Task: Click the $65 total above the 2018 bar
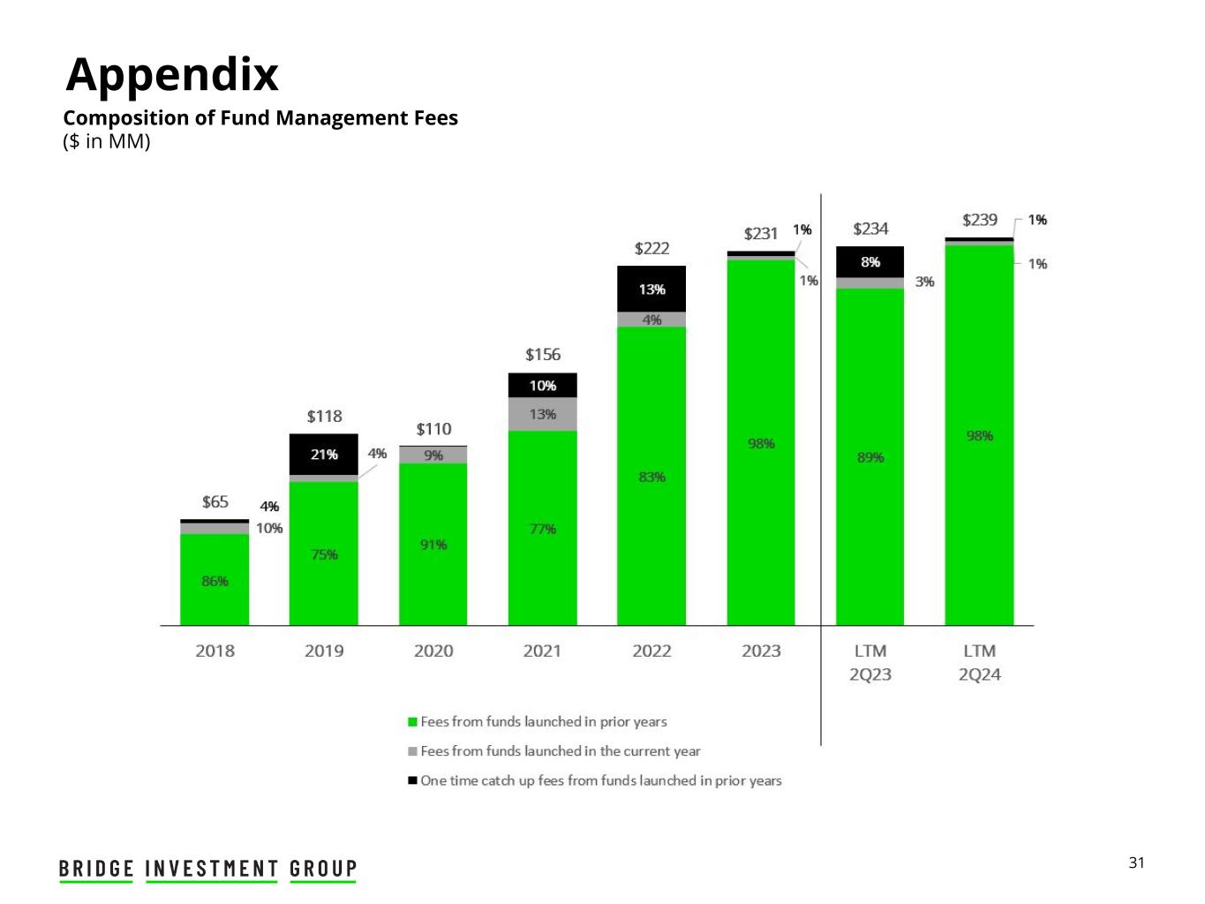pyautogui.click(x=215, y=502)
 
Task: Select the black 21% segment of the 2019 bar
pyautogui.click(x=324, y=455)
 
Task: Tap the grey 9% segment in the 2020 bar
pyautogui.click(x=433, y=456)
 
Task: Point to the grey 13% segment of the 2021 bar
pyautogui.click(x=543, y=414)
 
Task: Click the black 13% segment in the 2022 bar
pyautogui.click(x=652, y=290)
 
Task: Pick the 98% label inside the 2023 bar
pyautogui.click(x=761, y=443)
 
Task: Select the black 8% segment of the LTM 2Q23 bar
pyautogui.click(x=870, y=262)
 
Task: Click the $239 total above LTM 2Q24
pyautogui.click(x=980, y=220)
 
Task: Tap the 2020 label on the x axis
pyautogui.click(x=433, y=652)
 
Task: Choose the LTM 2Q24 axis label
pyautogui.click(x=980, y=663)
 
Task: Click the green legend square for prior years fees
pyautogui.click(x=412, y=722)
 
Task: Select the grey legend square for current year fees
pyautogui.click(x=412, y=751)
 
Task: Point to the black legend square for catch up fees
pyautogui.click(x=412, y=780)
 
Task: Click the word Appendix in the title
pyautogui.click(x=173, y=74)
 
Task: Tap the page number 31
pyautogui.click(x=1136, y=863)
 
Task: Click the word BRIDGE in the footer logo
pyautogui.click(x=97, y=869)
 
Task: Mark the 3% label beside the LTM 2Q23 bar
pyautogui.click(x=924, y=282)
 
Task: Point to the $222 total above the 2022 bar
pyautogui.click(x=652, y=249)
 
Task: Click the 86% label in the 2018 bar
pyautogui.click(x=215, y=581)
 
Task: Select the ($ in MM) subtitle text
pyautogui.click(x=107, y=141)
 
